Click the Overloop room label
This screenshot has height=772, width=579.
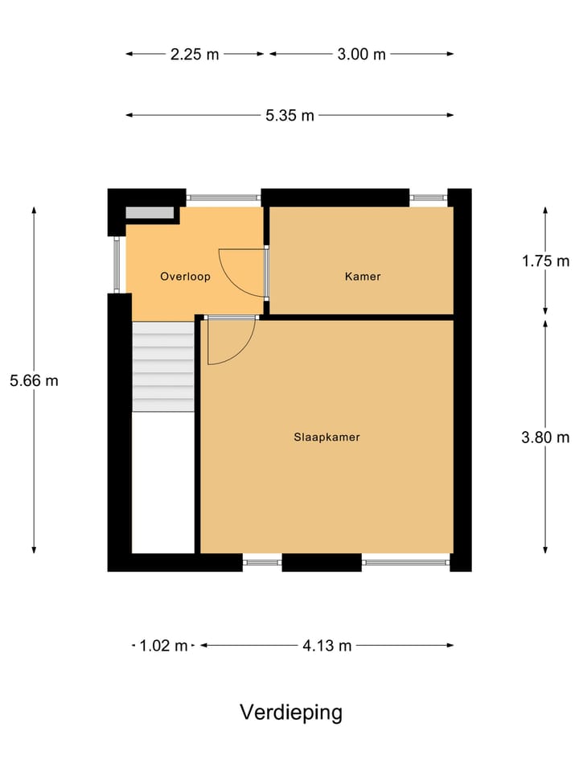pyautogui.click(x=185, y=277)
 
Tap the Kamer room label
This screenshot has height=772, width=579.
pyautogui.click(x=362, y=277)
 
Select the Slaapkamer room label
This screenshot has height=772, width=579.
pyautogui.click(x=326, y=437)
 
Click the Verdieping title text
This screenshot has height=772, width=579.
pyautogui.click(x=290, y=712)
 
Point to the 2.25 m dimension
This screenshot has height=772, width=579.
pyautogui.click(x=195, y=55)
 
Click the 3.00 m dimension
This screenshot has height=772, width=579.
pyautogui.click(x=361, y=55)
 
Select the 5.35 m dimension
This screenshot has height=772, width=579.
pyautogui.click(x=289, y=115)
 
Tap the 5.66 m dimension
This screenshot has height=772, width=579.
pyautogui.click(x=34, y=380)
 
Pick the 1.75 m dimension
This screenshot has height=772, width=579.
pyautogui.click(x=545, y=261)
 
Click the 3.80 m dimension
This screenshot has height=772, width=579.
pyautogui.click(x=545, y=437)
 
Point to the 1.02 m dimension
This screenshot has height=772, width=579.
pyautogui.click(x=163, y=645)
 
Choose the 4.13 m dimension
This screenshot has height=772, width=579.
pyautogui.click(x=327, y=645)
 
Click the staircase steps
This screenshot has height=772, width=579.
pyautogui.click(x=163, y=367)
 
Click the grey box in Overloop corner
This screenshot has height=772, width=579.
pyautogui.click(x=150, y=213)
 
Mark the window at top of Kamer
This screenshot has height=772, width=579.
pyautogui.click(x=427, y=197)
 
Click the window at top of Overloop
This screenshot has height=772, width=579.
pyautogui.click(x=224, y=197)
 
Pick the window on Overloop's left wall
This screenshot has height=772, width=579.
pyautogui.click(x=117, y=265)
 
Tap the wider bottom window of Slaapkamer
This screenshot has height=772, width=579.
pyautogui.click(x=405, y=562)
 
